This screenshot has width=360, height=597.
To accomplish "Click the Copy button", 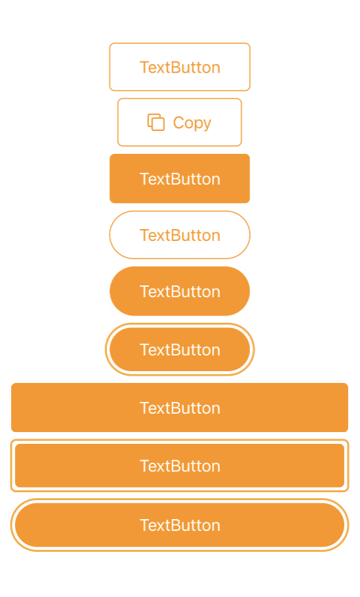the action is click(x=179, y=122).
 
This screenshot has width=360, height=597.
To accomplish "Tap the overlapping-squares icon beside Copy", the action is click(x=156, y=122).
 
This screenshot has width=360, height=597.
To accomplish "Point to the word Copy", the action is click(x=192, y=123).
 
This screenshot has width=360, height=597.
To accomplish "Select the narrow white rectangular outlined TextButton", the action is click(x=179, y=67).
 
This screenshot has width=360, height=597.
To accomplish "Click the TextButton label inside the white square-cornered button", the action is click(x=180, y=67).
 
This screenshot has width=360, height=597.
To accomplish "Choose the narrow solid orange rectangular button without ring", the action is click(x=179, y=179).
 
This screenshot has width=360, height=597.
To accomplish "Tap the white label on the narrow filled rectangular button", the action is click(x=180, y=179).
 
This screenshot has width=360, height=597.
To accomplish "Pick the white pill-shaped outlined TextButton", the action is click(x=179, y=235).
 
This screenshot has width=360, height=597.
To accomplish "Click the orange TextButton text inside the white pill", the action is click(x=180, y=235).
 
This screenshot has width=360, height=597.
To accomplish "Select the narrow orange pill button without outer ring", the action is click(x=179, y=291).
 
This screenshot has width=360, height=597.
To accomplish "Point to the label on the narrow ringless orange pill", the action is click(x=180, y=292).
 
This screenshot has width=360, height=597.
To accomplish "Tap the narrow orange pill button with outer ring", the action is click(x=179, y=350).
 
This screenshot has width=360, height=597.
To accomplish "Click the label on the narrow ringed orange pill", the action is click(x=180, y=350).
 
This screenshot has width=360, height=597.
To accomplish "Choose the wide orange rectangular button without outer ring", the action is click(x=179, y=407).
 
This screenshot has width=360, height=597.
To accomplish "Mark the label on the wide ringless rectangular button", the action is click(x=180, y=408).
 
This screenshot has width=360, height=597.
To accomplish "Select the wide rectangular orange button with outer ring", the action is click(x=179, y=465).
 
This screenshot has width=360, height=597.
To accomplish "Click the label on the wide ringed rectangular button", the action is click(x=180, y=466).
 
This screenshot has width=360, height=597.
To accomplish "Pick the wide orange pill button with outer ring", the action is click(x=179, y=525).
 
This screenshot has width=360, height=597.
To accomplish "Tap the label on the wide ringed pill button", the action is click(x=180, y=526).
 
